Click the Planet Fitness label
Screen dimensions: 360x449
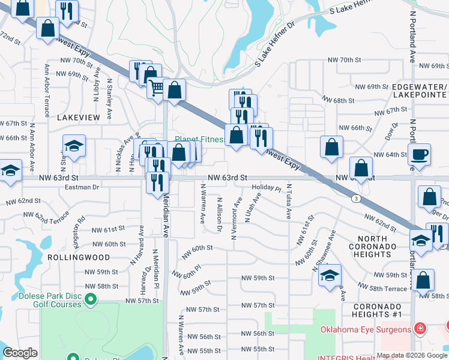199,139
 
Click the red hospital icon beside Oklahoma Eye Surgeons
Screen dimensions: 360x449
420,329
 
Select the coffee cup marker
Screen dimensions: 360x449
419,155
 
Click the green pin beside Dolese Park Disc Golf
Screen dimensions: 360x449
91,298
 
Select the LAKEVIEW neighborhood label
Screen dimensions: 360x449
78,118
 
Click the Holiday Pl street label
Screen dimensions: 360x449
267,188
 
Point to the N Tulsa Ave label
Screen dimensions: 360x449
288,202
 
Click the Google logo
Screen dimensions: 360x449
20,353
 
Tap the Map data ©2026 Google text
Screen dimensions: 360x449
412,355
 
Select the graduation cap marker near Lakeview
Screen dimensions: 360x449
74,146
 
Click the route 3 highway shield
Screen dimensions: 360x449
357,198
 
